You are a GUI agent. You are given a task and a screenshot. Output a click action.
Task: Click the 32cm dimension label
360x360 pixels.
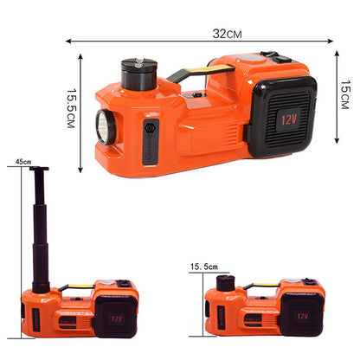click(x=228, y=34)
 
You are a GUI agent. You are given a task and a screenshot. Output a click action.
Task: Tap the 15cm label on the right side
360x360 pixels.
click(x=344, y=94)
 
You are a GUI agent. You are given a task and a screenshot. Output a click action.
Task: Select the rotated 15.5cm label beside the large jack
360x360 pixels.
click(x=71, y=108)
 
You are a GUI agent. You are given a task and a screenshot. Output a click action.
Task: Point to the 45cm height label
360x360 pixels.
click(x=23, y=162)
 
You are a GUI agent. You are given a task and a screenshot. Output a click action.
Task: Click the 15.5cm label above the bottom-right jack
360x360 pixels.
click(x=204, y=267)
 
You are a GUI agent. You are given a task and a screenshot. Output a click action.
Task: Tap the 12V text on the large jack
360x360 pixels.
click(x=289, y=119)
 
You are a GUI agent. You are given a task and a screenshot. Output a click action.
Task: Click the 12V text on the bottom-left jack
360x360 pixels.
click(x=117, y=318)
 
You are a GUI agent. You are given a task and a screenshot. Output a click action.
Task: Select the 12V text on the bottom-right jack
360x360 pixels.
click(x=302, y=316)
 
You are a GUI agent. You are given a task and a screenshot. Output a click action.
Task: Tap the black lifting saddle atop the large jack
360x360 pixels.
click(x=138, y=74)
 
